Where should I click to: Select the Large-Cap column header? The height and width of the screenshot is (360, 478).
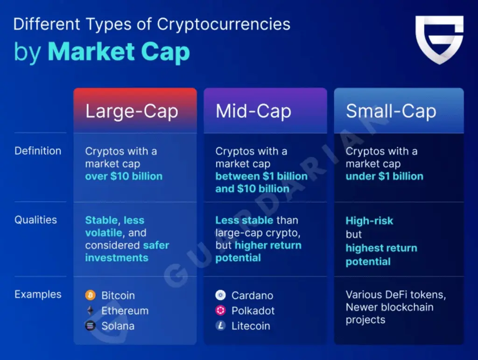[x=131, y=111]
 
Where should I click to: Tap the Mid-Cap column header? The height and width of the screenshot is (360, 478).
[x=253, y=111]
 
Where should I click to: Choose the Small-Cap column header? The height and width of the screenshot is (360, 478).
[x=391, y=111]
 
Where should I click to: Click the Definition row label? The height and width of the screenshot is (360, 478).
[x=38, y=151]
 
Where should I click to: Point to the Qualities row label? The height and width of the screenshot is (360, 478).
[x=36, y=220]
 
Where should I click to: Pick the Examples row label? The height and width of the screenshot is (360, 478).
[x=38, y=295]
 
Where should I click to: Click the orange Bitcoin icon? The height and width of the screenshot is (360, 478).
[x=91, y=296]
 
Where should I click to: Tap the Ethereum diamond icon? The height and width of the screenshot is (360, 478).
[x=91, y=311]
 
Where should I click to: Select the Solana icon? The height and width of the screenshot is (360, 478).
[x=91, y=326]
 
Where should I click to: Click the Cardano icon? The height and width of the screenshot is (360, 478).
[x=221, y=296]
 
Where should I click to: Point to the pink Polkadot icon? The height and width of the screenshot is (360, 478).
[x=221, y=311]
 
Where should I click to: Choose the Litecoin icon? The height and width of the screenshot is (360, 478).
[x=221, y=326]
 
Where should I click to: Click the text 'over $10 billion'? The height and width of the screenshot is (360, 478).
[x=124, y=176]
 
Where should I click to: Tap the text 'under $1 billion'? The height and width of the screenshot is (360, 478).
[x=384, y=176]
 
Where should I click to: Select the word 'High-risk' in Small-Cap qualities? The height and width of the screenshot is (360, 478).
[x=369, y=221]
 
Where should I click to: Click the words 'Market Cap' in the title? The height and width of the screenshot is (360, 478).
[x=119, y=52]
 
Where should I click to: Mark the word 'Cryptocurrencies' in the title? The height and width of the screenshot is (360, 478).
[x=223, y=24]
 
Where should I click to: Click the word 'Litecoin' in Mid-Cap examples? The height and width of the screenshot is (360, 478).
[x=251, y=326]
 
